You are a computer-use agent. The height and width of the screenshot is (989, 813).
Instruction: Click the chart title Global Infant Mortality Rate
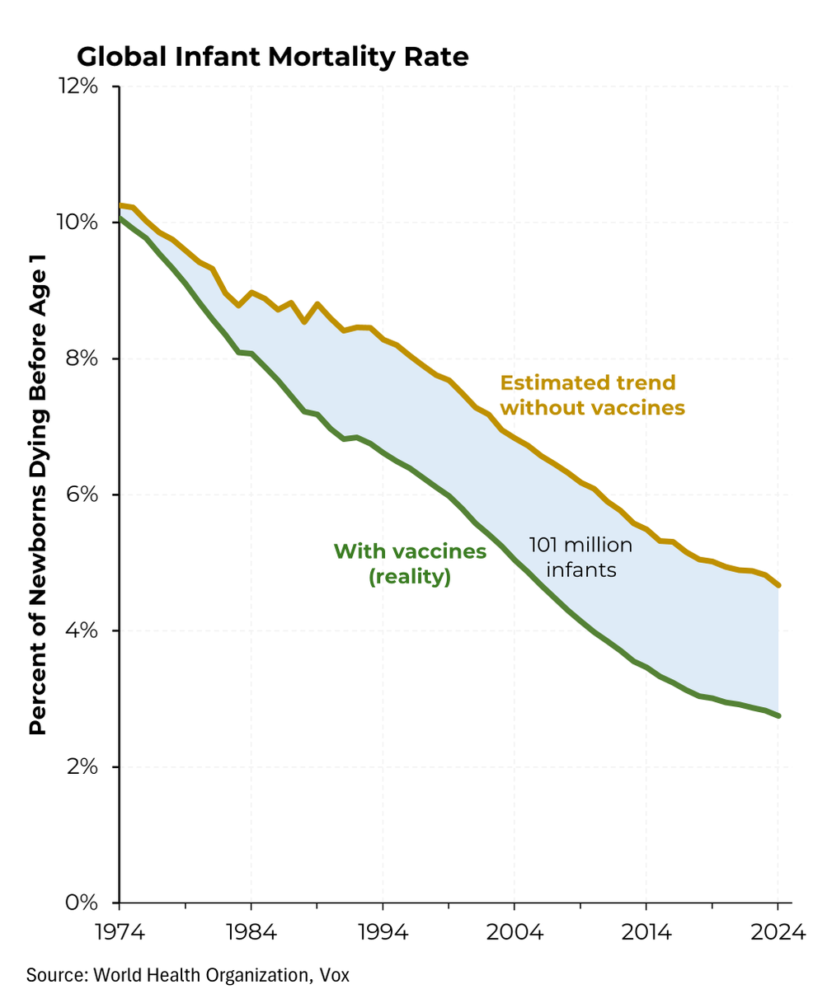tap(273, 57)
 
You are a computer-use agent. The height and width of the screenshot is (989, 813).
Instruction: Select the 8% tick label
tap(84, 359)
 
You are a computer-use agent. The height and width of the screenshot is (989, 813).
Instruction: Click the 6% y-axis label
tap(84, 494)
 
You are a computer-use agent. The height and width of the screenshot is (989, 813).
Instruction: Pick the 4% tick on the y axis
tap(84, 630)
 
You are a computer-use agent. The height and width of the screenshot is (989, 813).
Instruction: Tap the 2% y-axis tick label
tap(84, 766)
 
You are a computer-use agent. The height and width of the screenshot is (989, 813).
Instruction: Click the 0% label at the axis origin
tap(84, 902)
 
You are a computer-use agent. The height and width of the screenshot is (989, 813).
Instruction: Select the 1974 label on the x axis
tap(120, 933)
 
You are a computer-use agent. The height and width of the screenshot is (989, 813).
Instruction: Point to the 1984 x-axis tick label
tap(251, 933)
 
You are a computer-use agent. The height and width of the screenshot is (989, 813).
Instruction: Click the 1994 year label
tap(383, 933)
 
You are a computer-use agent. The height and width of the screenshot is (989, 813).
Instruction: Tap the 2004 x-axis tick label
tap(515, 933)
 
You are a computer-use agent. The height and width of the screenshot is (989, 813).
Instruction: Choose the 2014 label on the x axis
tap(646, 933)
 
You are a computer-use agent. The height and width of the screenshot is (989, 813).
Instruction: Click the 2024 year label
tap(778, 933)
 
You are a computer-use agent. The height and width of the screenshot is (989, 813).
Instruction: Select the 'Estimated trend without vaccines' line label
tap(592, 395)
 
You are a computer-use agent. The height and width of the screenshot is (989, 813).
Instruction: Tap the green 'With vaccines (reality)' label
tap(410, 564)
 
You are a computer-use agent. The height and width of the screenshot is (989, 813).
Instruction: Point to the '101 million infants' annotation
tap(580, 556)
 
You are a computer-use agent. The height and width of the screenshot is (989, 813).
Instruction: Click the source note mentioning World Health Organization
tap(188, 974)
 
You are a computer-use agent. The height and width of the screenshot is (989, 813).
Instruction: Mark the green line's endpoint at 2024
tap(778, 715)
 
